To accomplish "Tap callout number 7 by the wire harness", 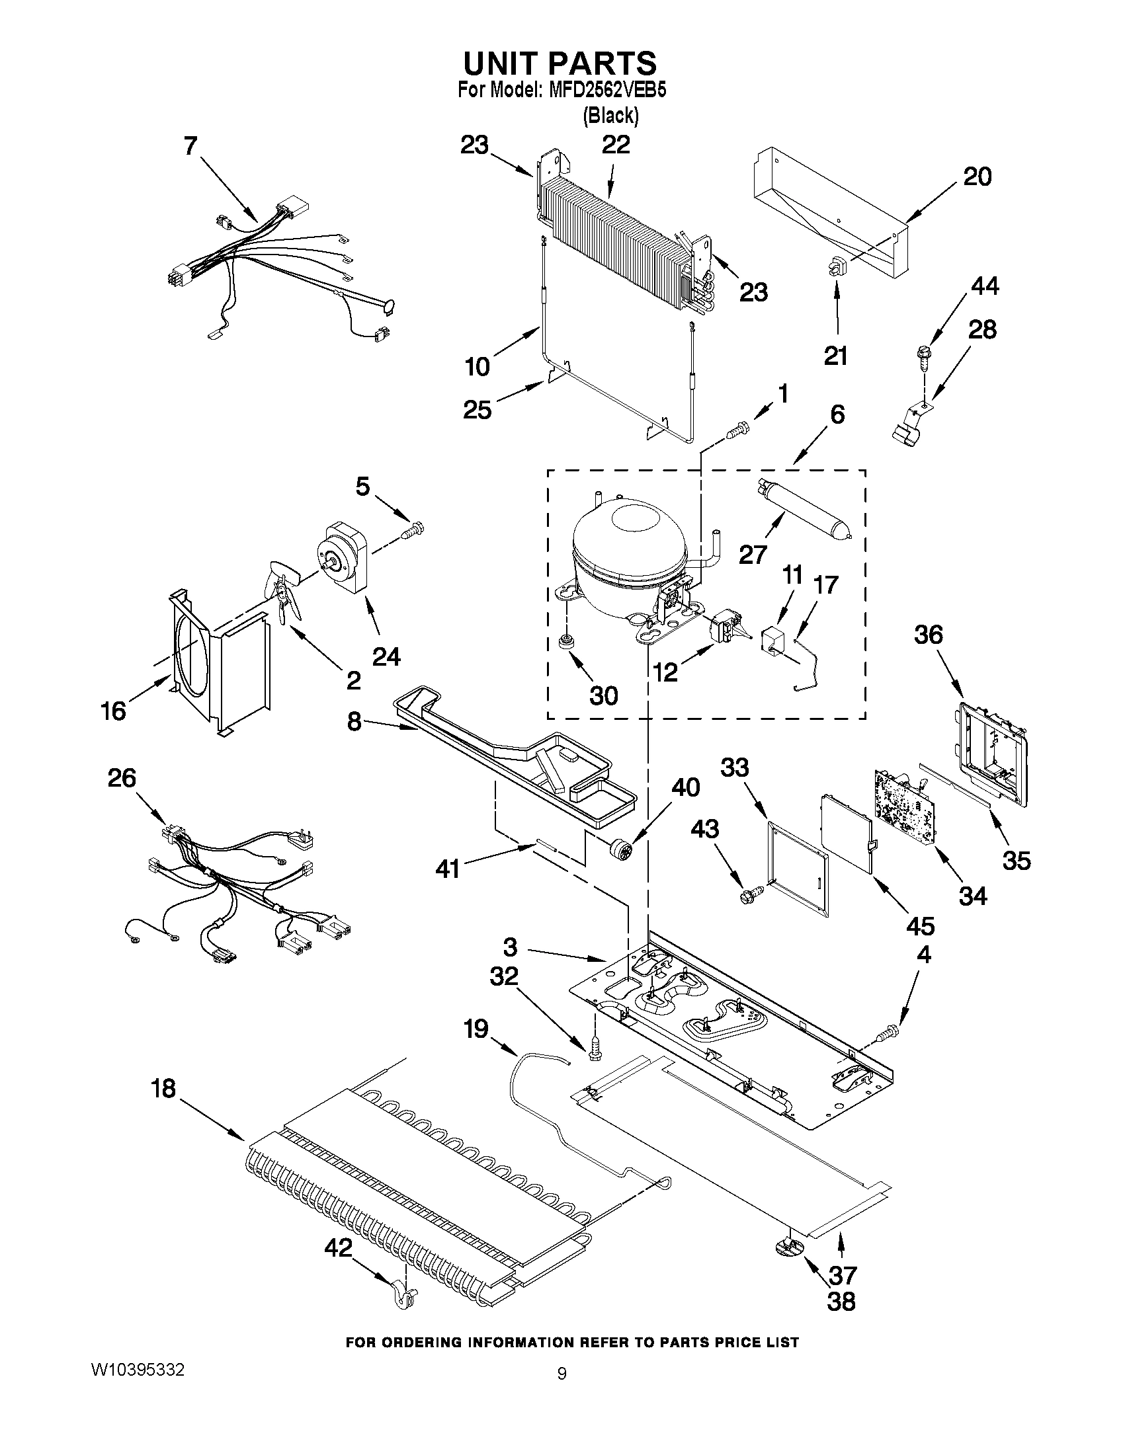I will (190, 145).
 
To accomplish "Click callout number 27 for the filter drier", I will (753, 554).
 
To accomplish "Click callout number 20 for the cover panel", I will (977, 177).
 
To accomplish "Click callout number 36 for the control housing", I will (929, 635).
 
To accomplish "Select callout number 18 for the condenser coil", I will (163, 1089).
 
